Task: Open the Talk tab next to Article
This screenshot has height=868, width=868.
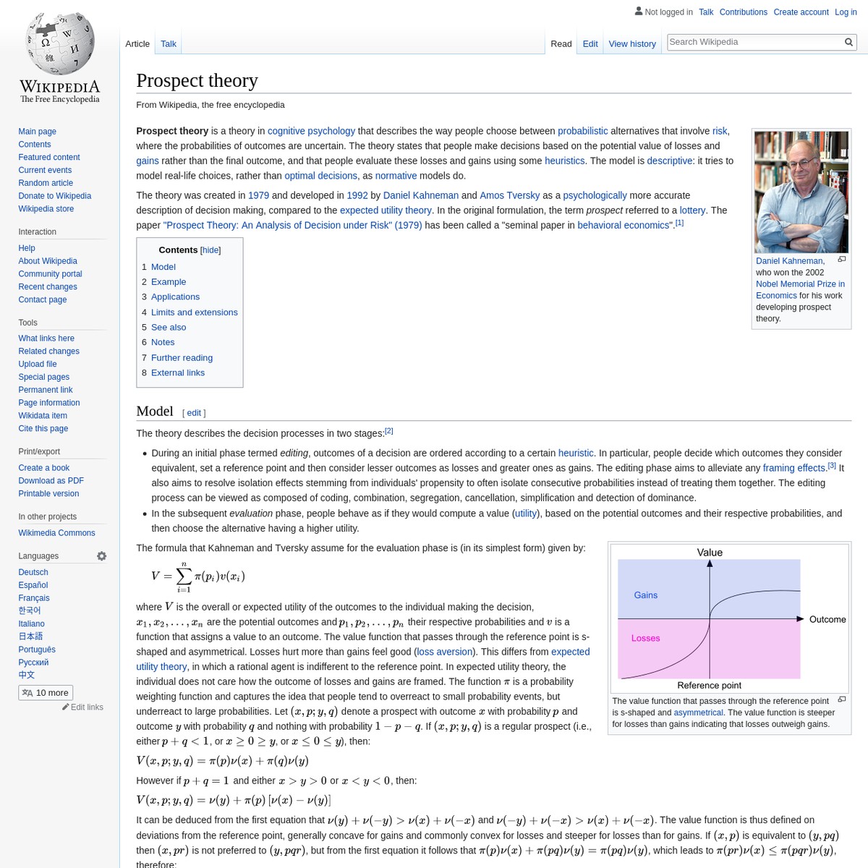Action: coord(169,44)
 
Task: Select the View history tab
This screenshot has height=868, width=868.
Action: coord(632,44)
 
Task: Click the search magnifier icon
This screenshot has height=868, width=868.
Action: coord(849,43)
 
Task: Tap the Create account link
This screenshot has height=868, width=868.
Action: coord(801,12)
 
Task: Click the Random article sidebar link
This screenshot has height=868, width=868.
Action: coord(46,183)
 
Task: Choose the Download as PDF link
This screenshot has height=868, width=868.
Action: coord(51,481)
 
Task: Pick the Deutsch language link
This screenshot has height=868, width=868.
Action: coord(33,572)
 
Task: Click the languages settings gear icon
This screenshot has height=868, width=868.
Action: coord(102,556)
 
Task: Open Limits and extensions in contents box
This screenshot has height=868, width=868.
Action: coord(194,312)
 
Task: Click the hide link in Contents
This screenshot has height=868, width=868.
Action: coord(210,250)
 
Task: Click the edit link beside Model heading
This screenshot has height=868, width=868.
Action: coord(194,413)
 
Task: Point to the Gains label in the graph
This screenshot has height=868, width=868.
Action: coord(645,595)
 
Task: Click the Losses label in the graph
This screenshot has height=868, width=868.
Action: coord(645,638)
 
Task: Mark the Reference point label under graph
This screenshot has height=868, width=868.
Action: coord(709,685)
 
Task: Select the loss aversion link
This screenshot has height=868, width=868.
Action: coord(445,652)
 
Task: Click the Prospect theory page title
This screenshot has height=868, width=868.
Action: coord(197,80)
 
